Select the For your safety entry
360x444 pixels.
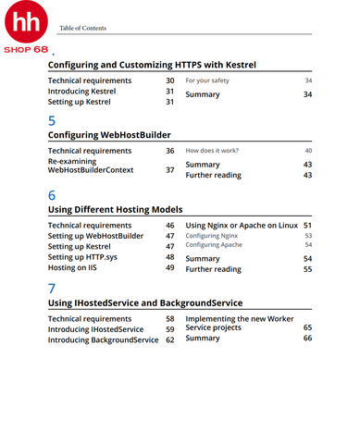(207, 81)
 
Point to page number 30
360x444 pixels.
(169, 81)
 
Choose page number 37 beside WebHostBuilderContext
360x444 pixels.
(169, 170)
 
